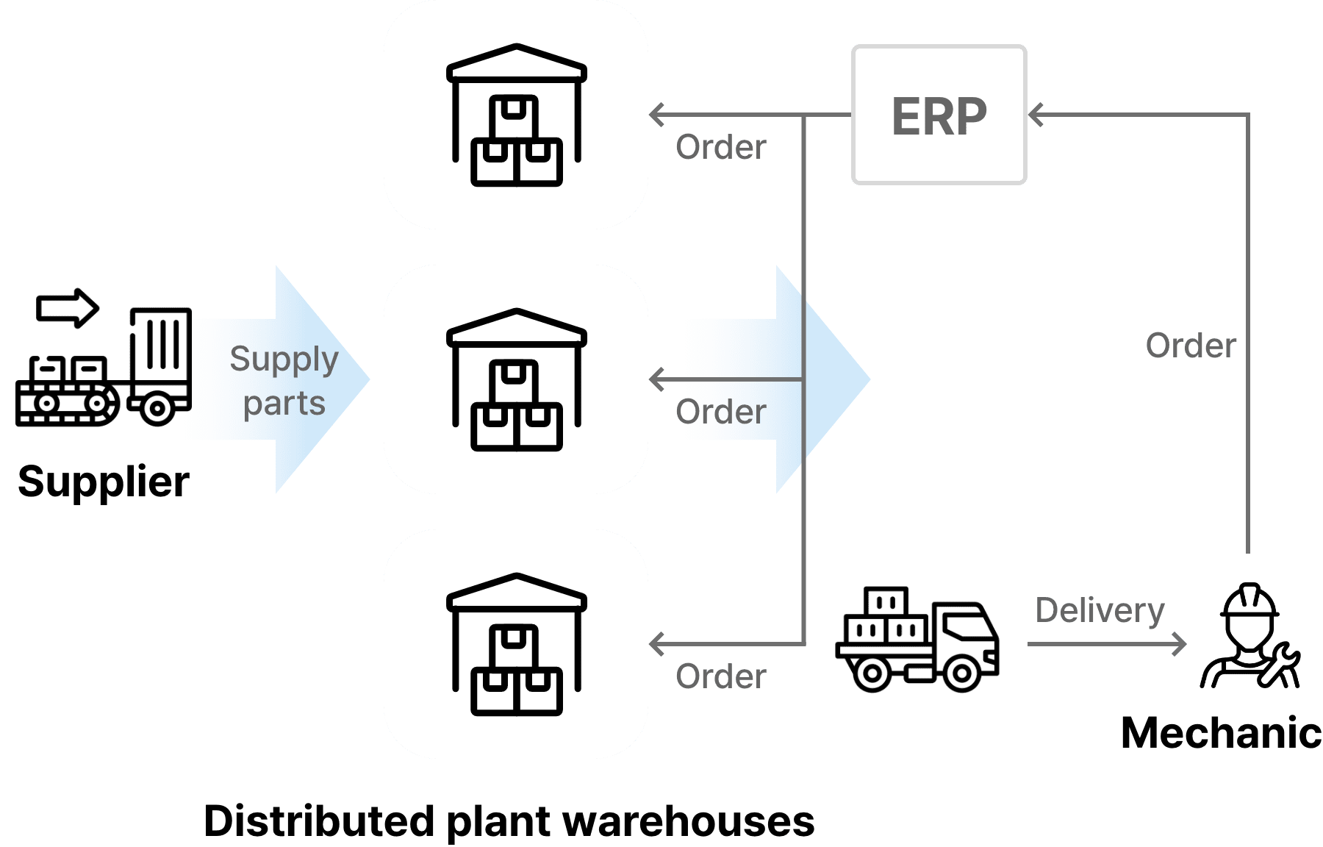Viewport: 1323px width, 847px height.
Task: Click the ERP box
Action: coord(939,115)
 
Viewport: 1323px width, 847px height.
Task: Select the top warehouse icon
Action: coord(517,115)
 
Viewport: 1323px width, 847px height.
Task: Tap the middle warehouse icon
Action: coord(517,379)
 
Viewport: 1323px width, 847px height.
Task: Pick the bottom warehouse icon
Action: coord(517,644)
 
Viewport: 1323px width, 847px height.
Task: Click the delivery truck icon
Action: coord(917,640)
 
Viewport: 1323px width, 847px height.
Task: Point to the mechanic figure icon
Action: coord(1250,636)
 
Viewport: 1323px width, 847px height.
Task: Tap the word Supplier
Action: coord(104,482)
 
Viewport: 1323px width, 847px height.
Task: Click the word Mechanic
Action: coord(1221,733)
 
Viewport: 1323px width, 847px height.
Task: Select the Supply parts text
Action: coord(284,381)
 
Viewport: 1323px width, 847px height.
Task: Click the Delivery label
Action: coord(1100,611)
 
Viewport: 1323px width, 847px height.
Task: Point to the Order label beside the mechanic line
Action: coord(1191,346)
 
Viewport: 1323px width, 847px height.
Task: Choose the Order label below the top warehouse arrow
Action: coord(721,147)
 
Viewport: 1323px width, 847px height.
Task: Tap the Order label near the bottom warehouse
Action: coord(721,676)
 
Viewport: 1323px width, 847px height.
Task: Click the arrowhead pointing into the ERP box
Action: coord(1036,115)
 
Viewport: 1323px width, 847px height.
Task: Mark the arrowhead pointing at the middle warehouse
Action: coord(656,379)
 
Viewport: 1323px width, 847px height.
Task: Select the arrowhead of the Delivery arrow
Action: coord(1179,644)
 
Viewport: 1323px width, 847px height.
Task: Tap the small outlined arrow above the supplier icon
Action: coord(68,307)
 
